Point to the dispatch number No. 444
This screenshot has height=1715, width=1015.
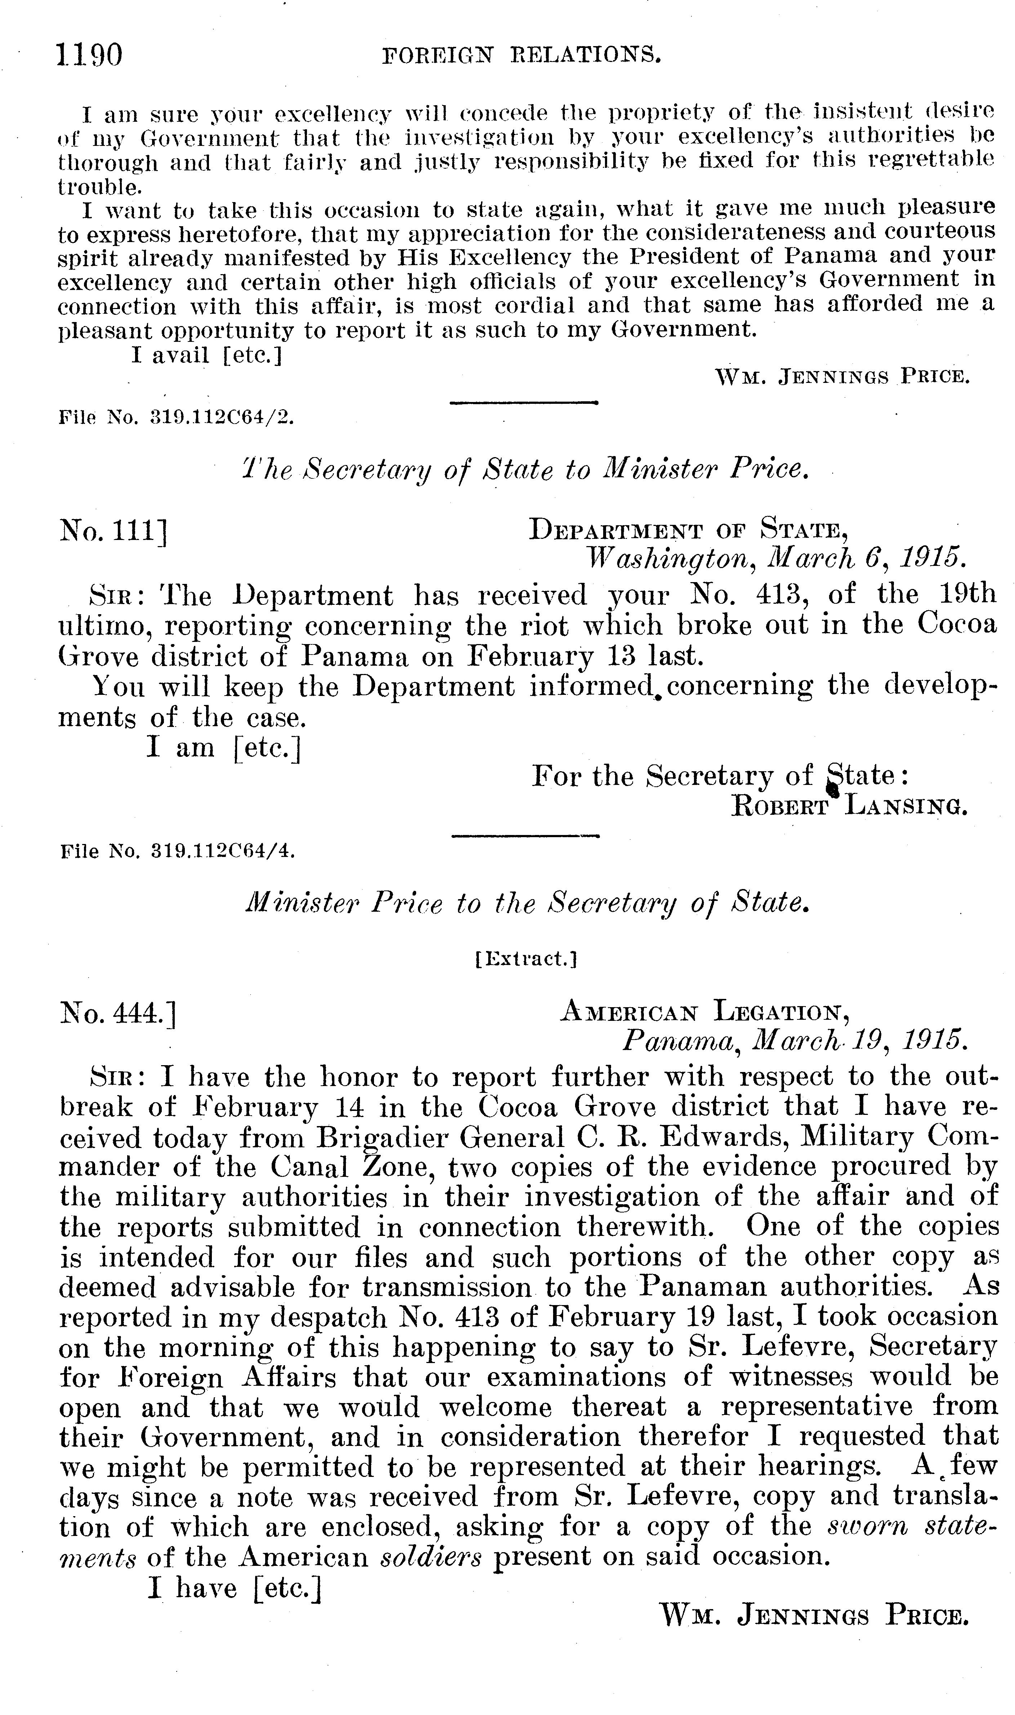coord(117,1013)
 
